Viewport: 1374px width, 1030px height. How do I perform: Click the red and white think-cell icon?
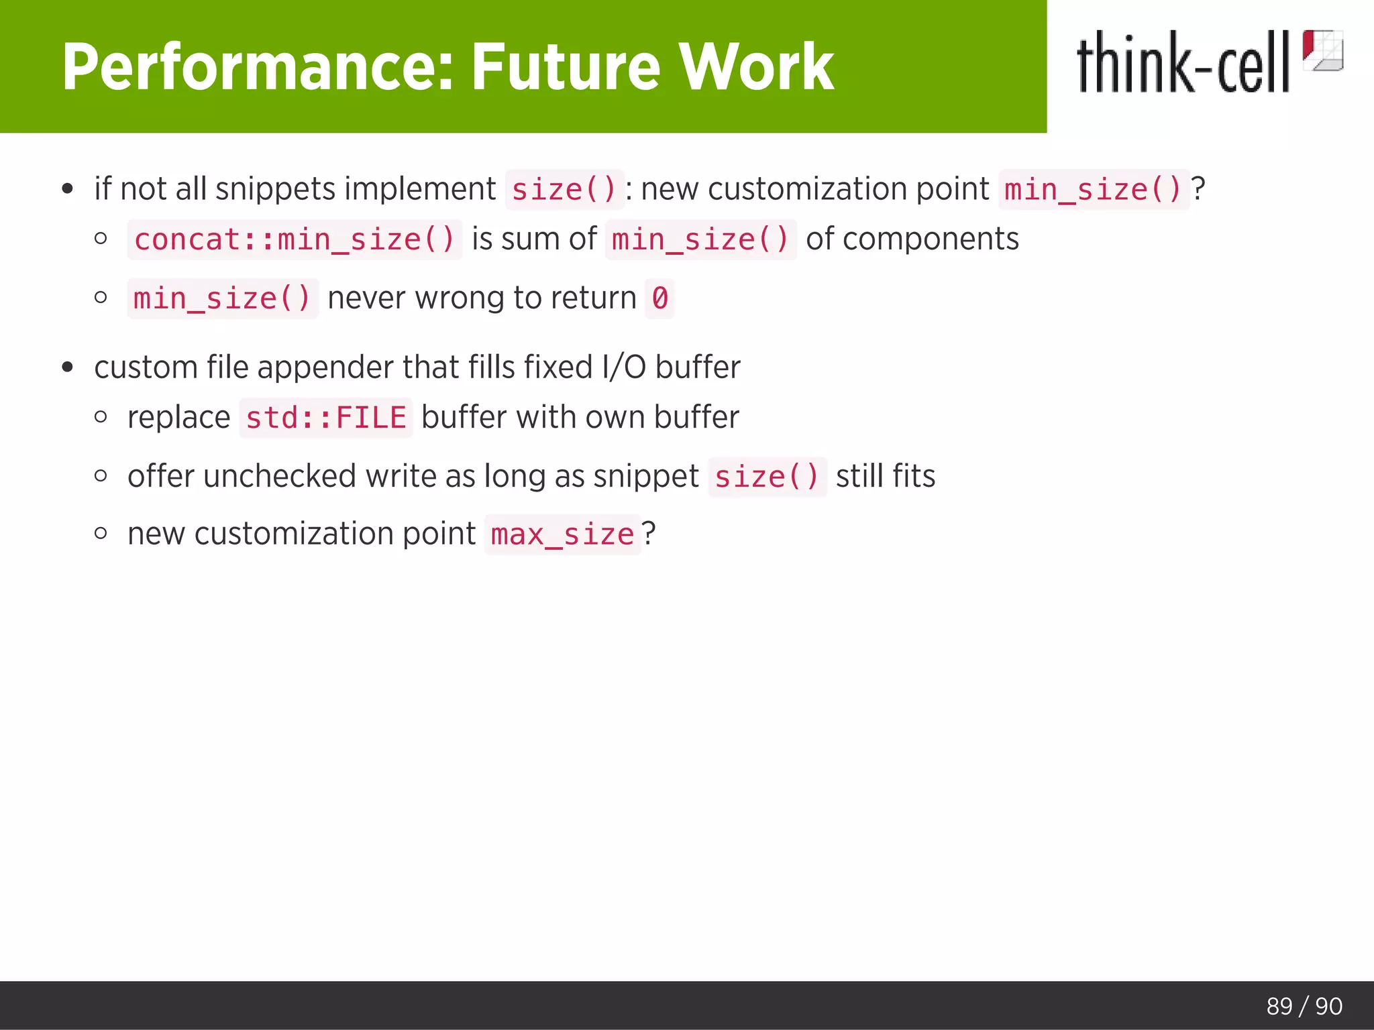click(x=1322, y=50)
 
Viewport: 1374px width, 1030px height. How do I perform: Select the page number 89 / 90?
click(x=1304, y=1006)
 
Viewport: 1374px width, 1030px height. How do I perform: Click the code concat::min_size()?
click(x=295, y=239)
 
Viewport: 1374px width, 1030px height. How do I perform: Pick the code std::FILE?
click(x=326, y=418)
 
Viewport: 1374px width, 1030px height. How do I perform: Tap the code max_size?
click(x=562, y=534)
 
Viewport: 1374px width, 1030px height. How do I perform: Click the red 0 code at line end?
click(x=659, y=298)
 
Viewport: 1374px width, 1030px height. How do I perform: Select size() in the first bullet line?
click(x=564, y=190)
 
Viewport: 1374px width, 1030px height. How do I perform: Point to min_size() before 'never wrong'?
click(x=222, y=298)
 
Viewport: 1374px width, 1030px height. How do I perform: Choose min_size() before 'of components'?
click(x=700, y=239)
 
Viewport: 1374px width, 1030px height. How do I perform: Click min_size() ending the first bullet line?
click(x=1093, y=190)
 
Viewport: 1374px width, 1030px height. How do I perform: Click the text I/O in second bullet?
click(x=625, y=367)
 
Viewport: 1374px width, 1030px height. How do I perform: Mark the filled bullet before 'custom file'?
click(x=67, y=367)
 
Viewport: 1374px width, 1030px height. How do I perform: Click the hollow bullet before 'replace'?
click(x=101, y=417)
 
